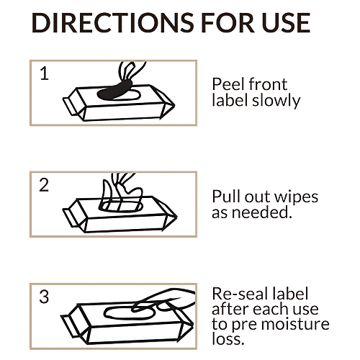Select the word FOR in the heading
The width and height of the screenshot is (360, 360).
(x=228, y=23)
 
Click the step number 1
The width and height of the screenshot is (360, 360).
(x=45, y=73)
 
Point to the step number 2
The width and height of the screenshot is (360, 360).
(x=44, y=185)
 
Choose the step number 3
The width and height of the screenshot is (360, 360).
(x=44, y=297)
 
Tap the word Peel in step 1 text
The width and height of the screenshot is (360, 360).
(x=229, y=84)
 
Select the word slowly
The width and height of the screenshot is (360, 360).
(x=276, y=101)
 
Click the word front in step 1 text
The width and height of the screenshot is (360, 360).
(x=268, y=84)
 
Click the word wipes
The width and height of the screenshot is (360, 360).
(x=296, y=197)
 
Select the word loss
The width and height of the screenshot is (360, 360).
(x=228, y=339)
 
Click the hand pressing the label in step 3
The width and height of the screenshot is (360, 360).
(x=164, y=301)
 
